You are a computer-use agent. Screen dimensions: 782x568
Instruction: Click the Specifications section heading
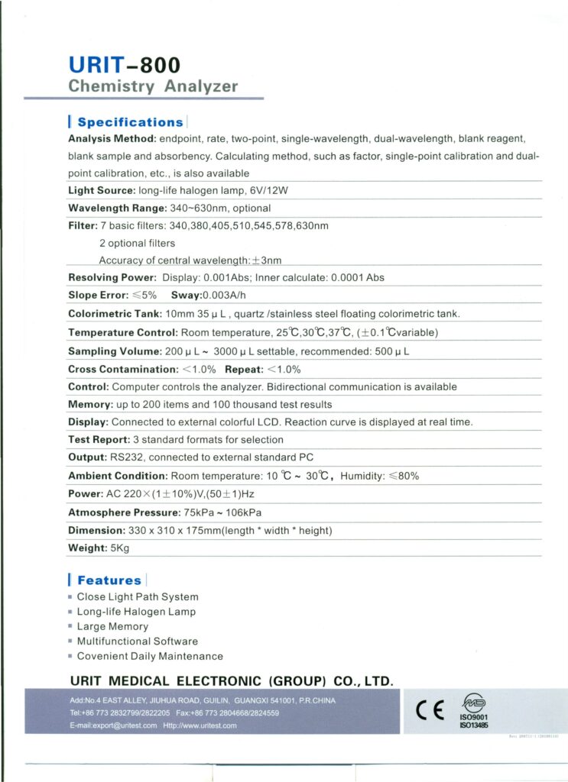point(130,122)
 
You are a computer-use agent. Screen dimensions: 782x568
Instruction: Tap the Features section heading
point(109,580)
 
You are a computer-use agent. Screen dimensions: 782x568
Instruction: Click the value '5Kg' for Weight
point(120,548)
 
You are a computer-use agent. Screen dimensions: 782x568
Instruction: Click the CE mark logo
point(430,710)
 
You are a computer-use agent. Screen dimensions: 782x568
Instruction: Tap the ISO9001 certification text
point(474,718)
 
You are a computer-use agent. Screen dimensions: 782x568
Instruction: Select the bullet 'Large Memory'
point(112,626)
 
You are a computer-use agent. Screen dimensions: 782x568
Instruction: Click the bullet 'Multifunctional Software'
point(137,641)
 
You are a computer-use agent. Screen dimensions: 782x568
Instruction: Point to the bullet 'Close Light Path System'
point(138,596)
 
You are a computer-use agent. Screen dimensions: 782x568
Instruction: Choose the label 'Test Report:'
point(99,440)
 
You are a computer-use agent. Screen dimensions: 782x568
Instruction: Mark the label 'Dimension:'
point(96,530)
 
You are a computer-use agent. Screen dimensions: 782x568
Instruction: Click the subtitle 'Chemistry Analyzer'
point(153,86)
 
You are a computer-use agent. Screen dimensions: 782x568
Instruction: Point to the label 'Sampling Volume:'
point(115,351)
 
